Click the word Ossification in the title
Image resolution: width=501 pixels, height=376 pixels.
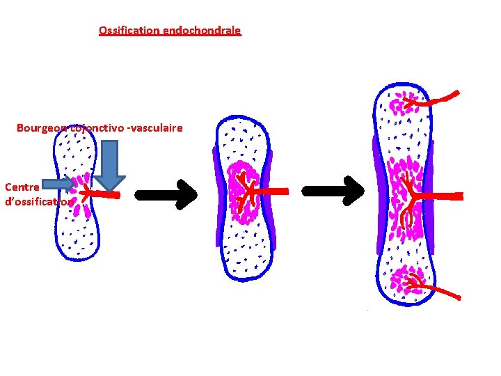129,31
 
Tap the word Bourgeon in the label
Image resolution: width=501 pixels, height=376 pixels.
41,128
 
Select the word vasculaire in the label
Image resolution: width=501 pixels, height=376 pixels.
156,128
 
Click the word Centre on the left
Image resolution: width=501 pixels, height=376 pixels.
22,187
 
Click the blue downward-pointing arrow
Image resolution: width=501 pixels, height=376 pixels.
109,166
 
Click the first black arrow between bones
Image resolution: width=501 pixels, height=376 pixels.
166,194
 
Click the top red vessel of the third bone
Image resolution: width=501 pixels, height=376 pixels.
435,100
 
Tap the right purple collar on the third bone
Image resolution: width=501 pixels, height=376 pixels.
431,195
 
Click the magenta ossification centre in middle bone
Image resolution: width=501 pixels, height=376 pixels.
245,194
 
